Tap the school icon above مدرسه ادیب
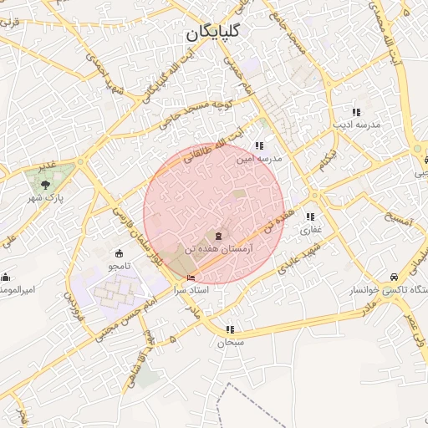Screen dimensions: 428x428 coord(356,112)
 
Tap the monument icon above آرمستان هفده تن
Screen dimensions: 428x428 coord(219,237)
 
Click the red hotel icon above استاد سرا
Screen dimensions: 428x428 coord(191,278)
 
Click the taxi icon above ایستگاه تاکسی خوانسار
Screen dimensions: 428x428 coord(393,277)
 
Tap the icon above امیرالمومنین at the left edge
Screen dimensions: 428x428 coord(6,277)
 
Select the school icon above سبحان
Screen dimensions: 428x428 coord(230,329)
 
